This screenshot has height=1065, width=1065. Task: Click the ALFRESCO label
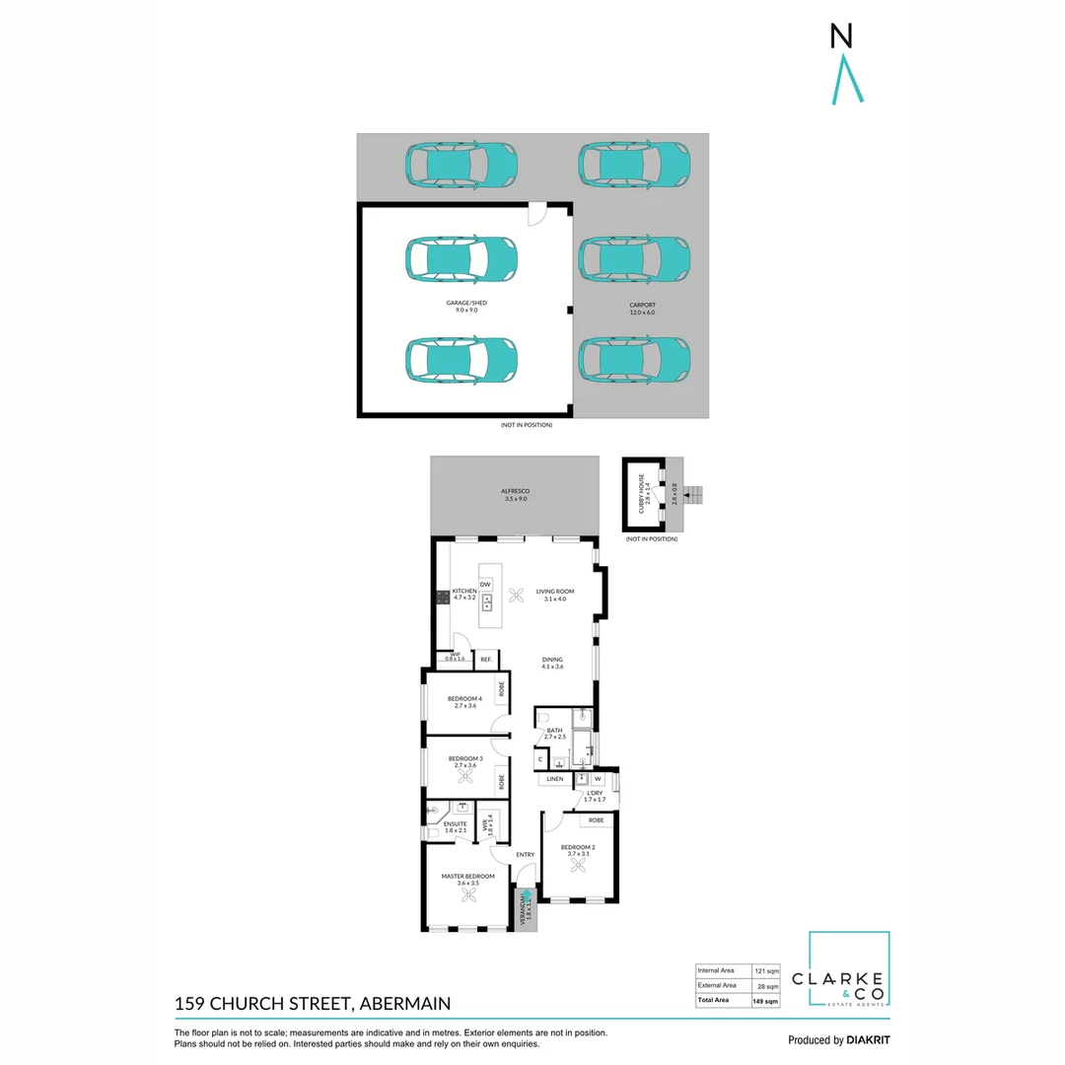click(x=515, y=494)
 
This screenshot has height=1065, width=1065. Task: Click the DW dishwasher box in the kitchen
click(x=485, y=585)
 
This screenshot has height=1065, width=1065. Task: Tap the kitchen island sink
click(x=487, y=603)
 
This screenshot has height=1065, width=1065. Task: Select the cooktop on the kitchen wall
click(x=442, y=597)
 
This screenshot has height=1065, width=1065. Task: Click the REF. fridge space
click(x=486, y=659)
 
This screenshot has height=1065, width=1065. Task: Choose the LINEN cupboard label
click(x=555, y=779)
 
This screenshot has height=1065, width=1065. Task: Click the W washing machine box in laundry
click(x=598, y=777)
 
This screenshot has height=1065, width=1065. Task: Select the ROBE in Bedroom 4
click(x=502, y=689)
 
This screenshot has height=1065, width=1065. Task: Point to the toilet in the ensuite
click(x=434, y=835)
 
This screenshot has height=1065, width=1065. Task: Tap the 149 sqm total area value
click(x=765, y=1001)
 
